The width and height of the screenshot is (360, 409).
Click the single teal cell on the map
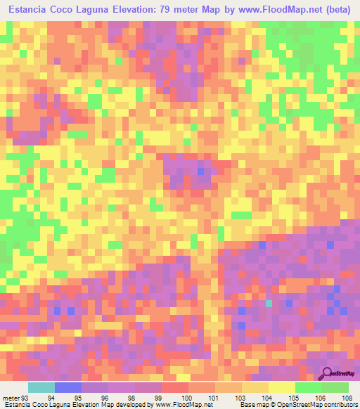[x=269, y=304]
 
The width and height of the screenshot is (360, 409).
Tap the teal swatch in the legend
[x=41, y=387]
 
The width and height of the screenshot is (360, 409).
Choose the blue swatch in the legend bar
[x=67, y=387]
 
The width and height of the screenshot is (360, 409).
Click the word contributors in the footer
[x=340, y=405]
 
